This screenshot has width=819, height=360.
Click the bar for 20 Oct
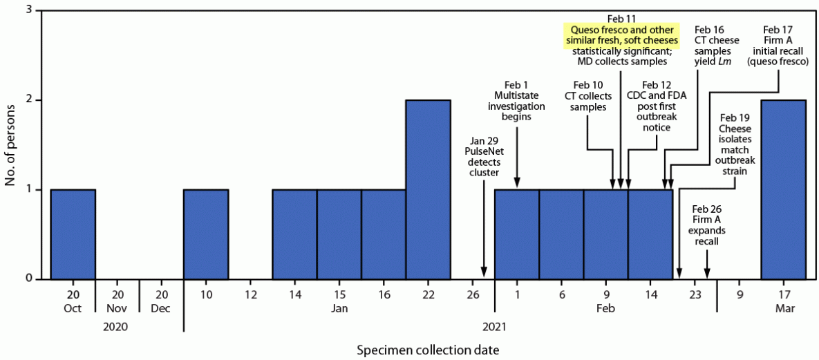[x=73, y=234]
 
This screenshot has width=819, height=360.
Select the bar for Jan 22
[x=428, y=189]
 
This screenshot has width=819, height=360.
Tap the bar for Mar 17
[x=783, y=189]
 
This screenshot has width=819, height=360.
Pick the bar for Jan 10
[x=206, y=234]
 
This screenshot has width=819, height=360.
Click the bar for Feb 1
[x=517, y=234]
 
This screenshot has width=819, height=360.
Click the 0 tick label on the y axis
[x=28, y=278]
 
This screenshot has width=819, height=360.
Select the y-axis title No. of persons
[x=10, y=145]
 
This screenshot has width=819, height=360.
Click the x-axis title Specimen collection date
[x=427, y=350]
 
